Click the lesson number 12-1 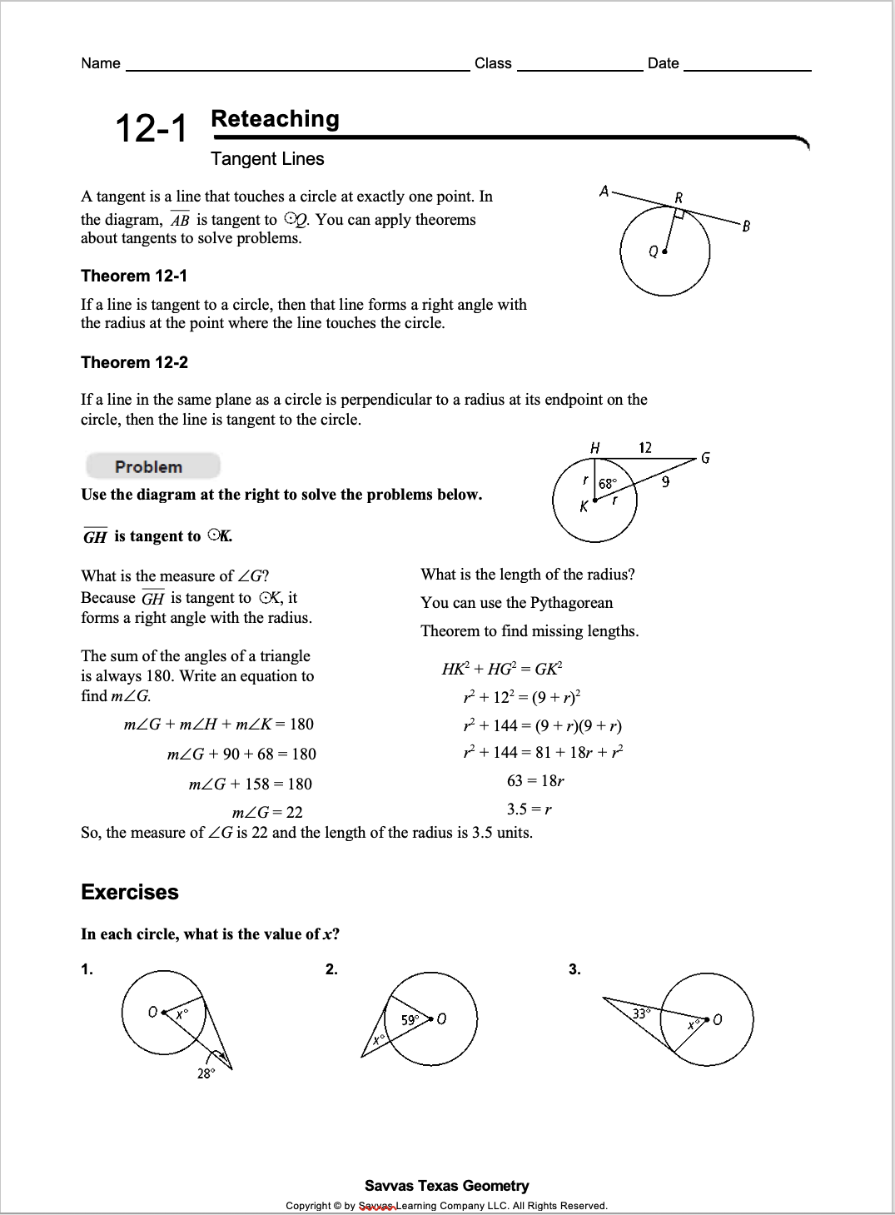(x=151, y=128)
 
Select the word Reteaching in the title (x=275, y=119)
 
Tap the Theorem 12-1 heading (x=134, y=276)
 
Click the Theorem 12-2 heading (x=134, y=362)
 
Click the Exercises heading (x=130, y=892)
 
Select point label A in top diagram (x=604, y=192)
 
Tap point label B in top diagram (x=746, y=226)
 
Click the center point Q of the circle (x=664, y=251)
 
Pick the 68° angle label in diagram (x=609, y=483)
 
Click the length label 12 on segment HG (x=645, y=448)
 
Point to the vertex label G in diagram (x=705, y=458)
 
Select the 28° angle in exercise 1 (x=206, y=1073)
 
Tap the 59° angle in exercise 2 (x=410, y=1019)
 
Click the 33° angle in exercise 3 (x=639, y=1013)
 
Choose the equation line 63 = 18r (x=535, y=780)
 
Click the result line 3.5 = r (x=530, y=809)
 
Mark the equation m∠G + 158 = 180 (x=251, y=784)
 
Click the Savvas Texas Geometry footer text (x=446, y=1185)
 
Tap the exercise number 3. (x=574, y=969)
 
